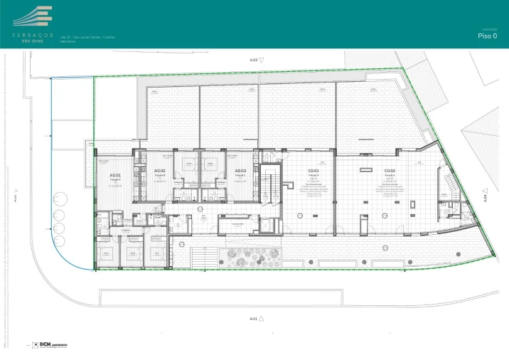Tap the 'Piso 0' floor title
point(487,35)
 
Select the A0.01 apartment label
point(115,175)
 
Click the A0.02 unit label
point(159,171)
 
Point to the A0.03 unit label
point(240,171)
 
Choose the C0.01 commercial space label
point(313,171)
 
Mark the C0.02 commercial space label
point(390,171)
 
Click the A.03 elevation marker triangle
point(262,61)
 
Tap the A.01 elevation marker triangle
point(262,318)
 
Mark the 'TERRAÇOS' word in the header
point(32,34)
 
